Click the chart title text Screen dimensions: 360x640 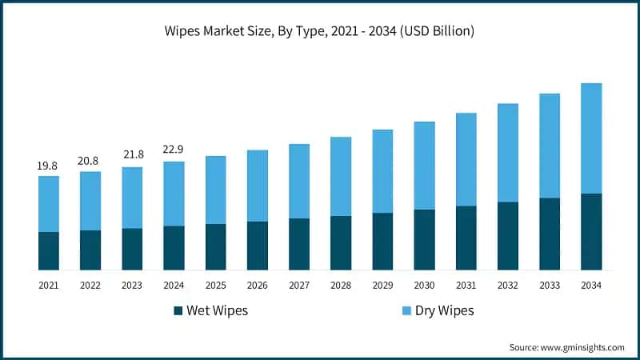click(x=320, y=32)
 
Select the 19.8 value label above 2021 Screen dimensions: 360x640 click(x=48, y=166)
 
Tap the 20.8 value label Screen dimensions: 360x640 click(x=90, y=161)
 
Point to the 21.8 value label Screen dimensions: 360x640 click(x=132, y=156)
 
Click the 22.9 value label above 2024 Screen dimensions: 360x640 click(x=174, y=151)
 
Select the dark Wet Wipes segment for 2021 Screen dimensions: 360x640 click(x=48, y=250)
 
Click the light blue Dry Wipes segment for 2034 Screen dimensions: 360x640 click(x=590, y=138)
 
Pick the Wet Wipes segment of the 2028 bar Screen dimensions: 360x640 click(x=341, y=242)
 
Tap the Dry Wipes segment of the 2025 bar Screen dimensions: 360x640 click(x=215, y=190)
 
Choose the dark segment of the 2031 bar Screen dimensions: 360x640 click(x=466, y=238)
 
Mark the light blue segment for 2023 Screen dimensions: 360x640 click(x=132, y=198)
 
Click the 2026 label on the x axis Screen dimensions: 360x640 click(x=257, y=285)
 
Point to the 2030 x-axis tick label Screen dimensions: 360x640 click(x=424, y=285)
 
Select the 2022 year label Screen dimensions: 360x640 click(x=90, y=285)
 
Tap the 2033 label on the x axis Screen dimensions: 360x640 click(x=550, y=285)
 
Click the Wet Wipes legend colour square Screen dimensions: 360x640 click(x=177, y=310)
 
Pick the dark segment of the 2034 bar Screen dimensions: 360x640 click(x=590, y=231)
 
